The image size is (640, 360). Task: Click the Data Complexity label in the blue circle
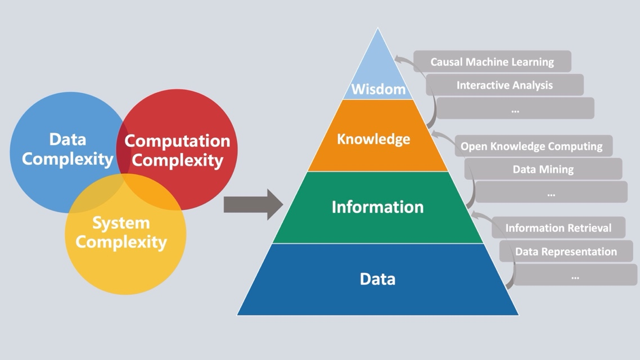pos(67,149)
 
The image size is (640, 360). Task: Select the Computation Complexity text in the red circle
pos(177,151)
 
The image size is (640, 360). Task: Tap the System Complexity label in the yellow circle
pos(121,232)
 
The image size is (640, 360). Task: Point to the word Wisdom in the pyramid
pos(378,89)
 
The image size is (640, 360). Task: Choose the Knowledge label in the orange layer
pos(373,139)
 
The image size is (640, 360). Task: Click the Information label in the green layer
pos(377,207)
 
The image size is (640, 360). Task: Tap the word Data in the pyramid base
pos(377,279)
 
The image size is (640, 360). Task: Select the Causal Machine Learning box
pos(492,62)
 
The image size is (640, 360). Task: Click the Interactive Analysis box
pos(504,85)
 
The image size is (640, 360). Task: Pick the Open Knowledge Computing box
pos(531,146)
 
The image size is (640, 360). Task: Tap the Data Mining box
pos(543,169)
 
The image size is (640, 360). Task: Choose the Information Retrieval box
pos(558,228)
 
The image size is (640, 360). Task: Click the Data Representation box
pos(566,251)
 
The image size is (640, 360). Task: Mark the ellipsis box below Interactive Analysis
pos(515,109)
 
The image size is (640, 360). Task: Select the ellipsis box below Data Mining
pos(551,192)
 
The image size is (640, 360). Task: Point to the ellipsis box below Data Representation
pos(575,276)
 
